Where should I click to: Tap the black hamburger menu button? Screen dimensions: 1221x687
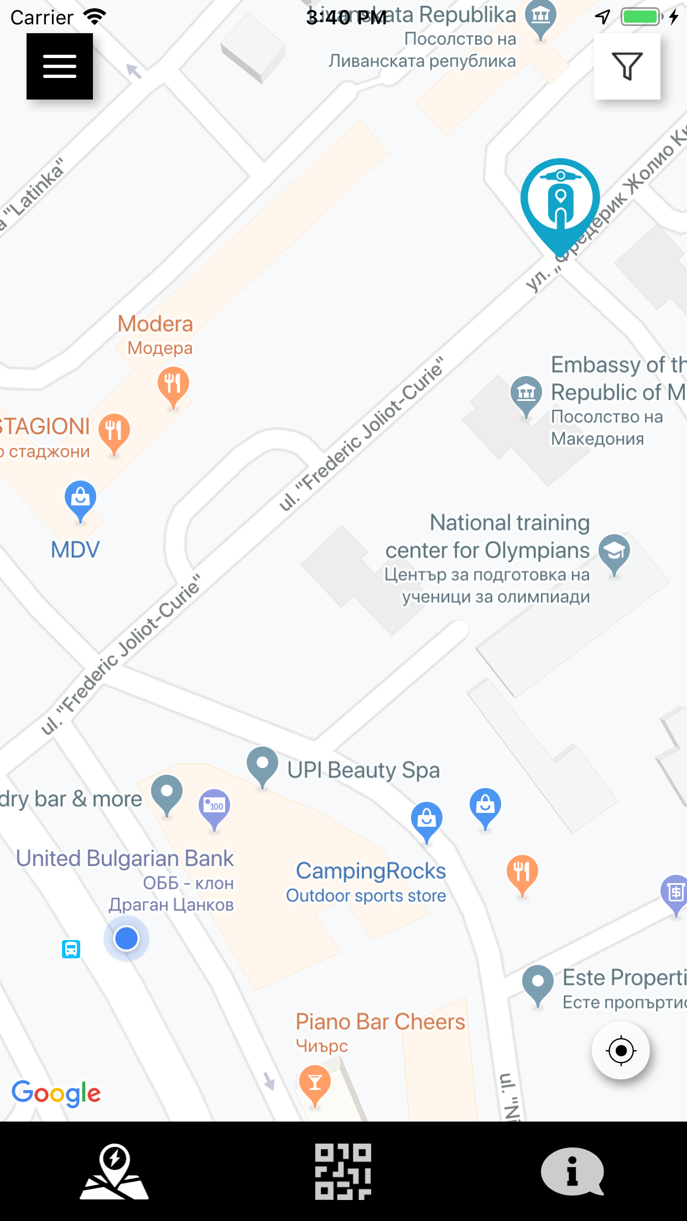pos(60,66)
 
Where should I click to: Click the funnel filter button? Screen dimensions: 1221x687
pos(627,66)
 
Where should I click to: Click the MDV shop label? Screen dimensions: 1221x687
pos(75,550)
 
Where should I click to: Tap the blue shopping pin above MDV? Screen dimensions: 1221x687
pos(80,499)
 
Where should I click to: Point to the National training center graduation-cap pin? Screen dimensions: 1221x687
pos(614,552)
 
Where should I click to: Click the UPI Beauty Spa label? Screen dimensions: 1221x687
pos(363,770)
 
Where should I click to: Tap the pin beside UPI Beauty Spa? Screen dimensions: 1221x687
pos(262,765)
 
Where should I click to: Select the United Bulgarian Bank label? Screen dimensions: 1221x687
pos(125,858)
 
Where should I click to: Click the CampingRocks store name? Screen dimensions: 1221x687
pos(371,871)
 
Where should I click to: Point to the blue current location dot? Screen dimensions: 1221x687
pos(126,938)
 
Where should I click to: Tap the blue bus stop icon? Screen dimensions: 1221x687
pos(71,949)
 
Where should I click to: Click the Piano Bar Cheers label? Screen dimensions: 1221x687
pos(380,1021)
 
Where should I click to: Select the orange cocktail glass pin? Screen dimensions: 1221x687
pos(315,1083)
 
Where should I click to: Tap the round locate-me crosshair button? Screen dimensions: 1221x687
pos(621,1050)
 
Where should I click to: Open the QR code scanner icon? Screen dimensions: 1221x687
pos(343,1171)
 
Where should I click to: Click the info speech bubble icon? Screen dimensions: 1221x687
pos(572,1171)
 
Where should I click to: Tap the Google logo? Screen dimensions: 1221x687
pos(56,1093)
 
